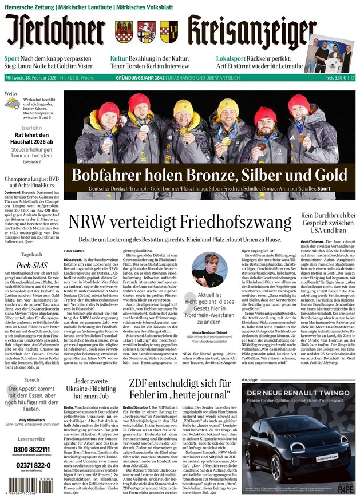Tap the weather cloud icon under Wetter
[11, 104]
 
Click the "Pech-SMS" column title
[31, 266]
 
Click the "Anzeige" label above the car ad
[250, 380]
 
